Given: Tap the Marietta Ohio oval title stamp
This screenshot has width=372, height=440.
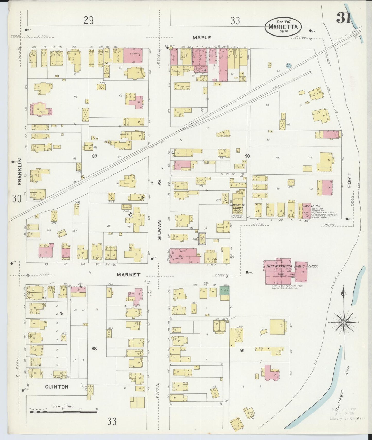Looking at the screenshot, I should pos(283,27).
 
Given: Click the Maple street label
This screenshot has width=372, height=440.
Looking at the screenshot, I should pos(202,38).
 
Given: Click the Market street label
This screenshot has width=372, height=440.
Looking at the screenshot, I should pos(128,275).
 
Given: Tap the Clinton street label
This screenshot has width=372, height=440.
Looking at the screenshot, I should pos(57,386).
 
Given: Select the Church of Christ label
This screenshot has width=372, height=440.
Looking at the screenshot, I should pos(237,206).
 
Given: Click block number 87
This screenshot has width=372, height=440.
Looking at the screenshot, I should pos(94,156).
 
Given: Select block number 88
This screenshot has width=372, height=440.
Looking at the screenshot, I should pos(94,349).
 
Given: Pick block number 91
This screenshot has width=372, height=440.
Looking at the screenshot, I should pos(242,350).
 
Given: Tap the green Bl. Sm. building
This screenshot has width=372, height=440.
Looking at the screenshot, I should pos(224,290).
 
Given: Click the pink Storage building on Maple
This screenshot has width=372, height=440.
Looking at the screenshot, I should pos(133,55).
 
